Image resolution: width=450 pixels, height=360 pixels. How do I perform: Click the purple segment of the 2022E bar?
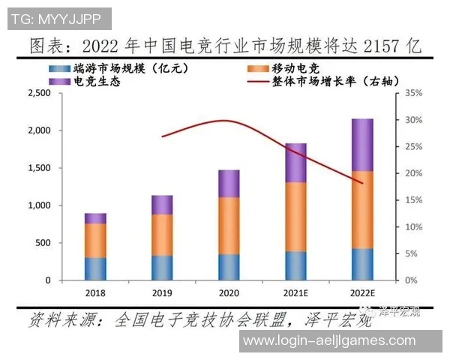tap(362, 145)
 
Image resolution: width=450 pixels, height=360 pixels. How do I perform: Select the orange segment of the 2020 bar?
tap(229, 225)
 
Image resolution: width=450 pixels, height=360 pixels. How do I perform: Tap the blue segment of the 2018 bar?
tap(95, 268)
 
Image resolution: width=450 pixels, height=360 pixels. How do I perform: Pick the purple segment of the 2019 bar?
tap(162, 205)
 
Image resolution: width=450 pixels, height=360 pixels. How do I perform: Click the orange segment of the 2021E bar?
tap(295, 217)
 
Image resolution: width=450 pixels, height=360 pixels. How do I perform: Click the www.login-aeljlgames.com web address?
tap(329, 340)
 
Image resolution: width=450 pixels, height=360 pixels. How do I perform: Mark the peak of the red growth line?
tap(223, 120)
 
